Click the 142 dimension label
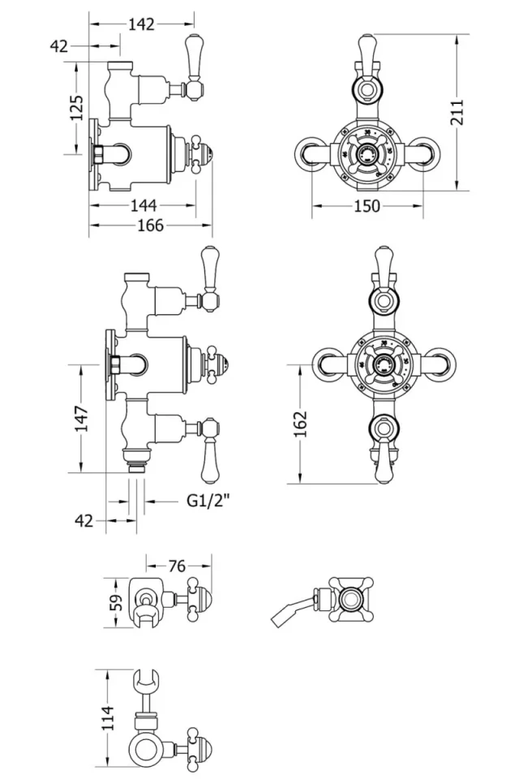click(141, 24)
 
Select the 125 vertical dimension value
click(76, 107)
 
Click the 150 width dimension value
click(367, 206)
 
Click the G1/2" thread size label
click(208, 501)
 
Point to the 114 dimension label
click(108, 717)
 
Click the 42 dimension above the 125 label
click(59, 46)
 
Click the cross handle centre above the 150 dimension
click(367, 150)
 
